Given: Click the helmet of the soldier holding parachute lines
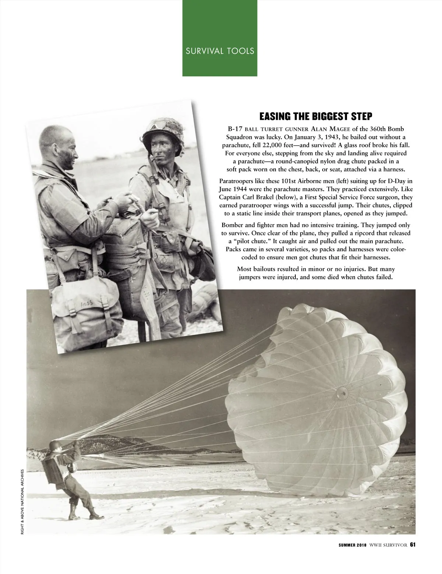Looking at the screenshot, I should tap(55, 446).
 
